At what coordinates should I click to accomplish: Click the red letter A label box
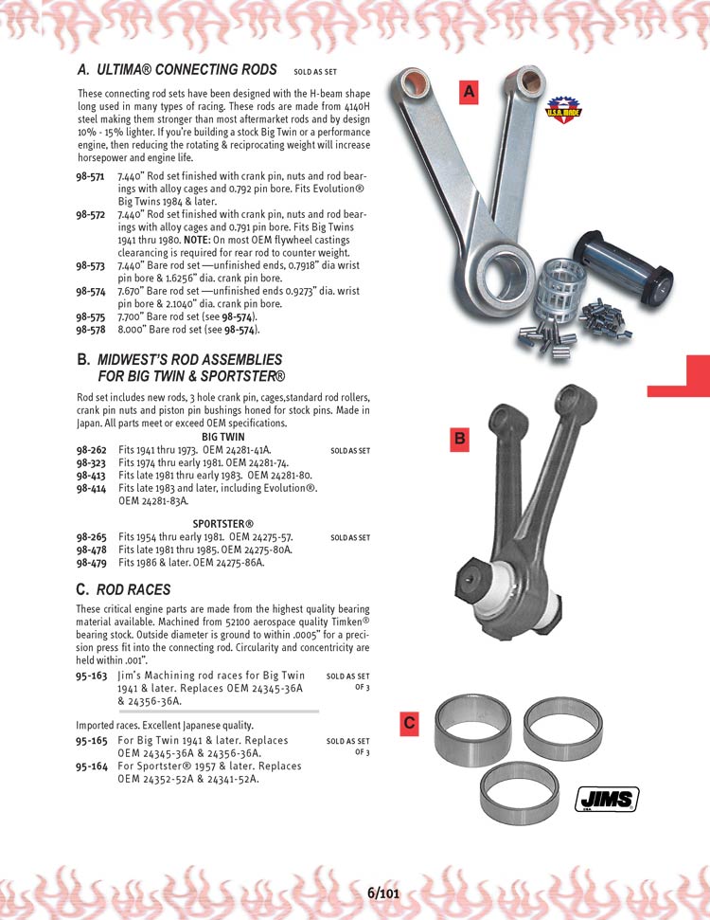click(470, 91)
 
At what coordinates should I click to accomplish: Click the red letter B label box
click(459, 438)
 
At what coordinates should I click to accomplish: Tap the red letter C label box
click(409, 723)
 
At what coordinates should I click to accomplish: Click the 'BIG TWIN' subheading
click(223, 437)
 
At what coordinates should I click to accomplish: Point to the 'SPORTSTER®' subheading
click(223, 524)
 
